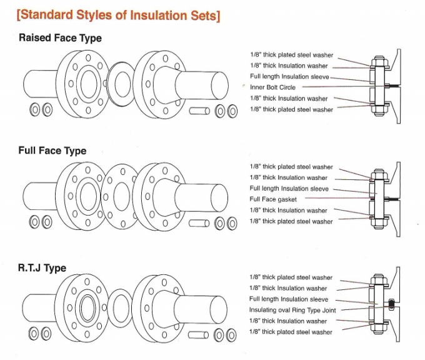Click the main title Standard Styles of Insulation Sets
[x=118, y=16]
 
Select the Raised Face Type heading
[x=60, y=38]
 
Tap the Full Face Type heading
[x=52, y=151]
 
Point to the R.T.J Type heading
[x=42, y=268]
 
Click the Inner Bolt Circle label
[x=272, y=87]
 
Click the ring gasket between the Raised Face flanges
[x=120, y=83]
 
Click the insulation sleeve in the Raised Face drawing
[x=199, y=111]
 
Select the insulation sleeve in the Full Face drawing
[x=199, y=222]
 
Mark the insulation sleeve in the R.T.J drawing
[x=199, y=334]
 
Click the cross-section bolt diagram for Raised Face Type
[x=381, y=83]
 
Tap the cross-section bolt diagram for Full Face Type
[x=381, y=195]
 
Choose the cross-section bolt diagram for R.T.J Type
[x=381, y=306]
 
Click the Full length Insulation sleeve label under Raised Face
[x=289, y=76]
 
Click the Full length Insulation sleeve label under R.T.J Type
[x=289, y=299]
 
